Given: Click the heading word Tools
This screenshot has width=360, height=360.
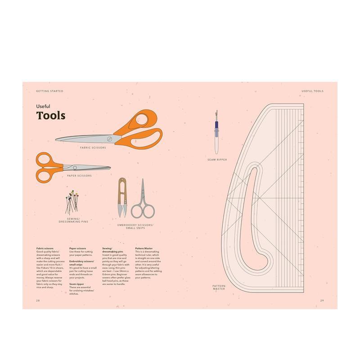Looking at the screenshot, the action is coord(50,116).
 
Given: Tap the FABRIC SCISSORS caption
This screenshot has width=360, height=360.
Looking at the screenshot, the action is coord(93,148).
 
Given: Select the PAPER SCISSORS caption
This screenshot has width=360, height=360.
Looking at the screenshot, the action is coord(79,175).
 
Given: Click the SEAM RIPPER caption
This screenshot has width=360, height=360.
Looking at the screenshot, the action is coord(217,160).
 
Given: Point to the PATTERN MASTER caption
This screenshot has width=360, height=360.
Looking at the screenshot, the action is coord(219,287).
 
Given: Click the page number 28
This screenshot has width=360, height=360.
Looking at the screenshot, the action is coord(38,300).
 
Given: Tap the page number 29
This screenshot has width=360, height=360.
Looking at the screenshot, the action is coord(322,300).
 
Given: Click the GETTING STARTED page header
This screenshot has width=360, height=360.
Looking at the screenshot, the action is coord(49,91).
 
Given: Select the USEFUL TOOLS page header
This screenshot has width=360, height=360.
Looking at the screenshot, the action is coord(312,91).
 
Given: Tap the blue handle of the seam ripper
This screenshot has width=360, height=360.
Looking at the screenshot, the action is coord(216,126).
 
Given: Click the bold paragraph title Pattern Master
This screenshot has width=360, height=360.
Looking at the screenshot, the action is coord(144,248).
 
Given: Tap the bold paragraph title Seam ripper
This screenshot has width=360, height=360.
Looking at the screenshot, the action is coord(76,284).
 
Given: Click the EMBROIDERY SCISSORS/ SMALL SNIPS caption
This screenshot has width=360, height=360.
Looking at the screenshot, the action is coord(135,226).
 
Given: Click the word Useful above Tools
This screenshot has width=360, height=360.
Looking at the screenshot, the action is coord(43,106).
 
